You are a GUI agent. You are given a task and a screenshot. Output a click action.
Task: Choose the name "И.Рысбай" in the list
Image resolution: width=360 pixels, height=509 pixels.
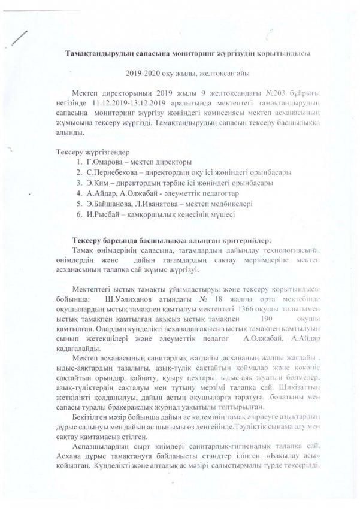101,214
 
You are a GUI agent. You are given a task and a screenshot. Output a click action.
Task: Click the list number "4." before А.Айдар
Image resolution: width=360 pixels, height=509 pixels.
79,192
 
